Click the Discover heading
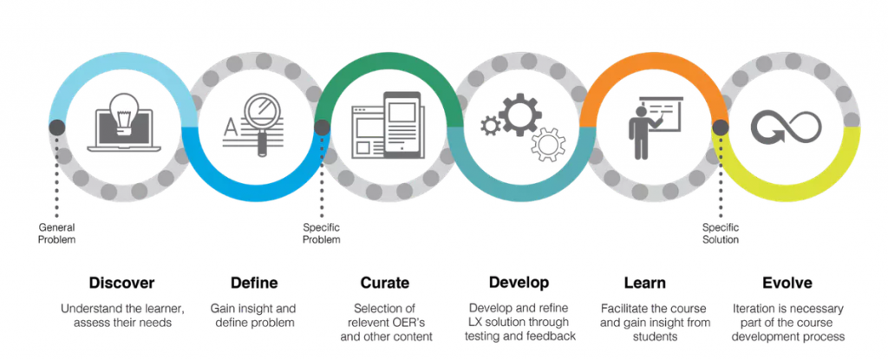pos(121,282)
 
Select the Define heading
pos(254,282)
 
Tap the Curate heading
pos(384,282)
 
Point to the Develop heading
pos(519,282)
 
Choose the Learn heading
pos(644,282)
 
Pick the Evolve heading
pos(787,282)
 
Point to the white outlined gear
pos(548,145)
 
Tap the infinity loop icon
pos(787,127)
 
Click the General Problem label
pos(56,233)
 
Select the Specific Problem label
pos(322,233)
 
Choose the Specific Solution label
pos(721,233)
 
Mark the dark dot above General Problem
pos(56,127)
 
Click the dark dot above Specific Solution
pos(721,127)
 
